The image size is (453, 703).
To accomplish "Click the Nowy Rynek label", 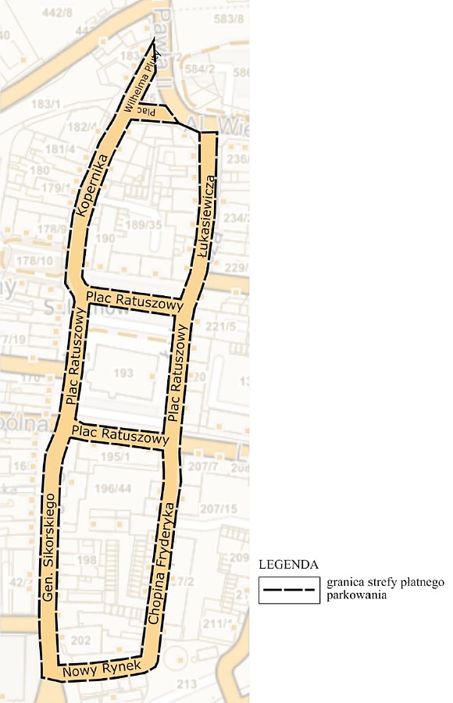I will point(101,669).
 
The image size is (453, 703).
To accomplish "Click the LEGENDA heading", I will point(288,564).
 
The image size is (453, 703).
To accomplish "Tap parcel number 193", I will point(123,374).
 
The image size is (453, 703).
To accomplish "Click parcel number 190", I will point(105,237).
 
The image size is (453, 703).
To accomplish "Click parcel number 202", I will point(80,641).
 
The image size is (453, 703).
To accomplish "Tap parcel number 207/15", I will point(218,509).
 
